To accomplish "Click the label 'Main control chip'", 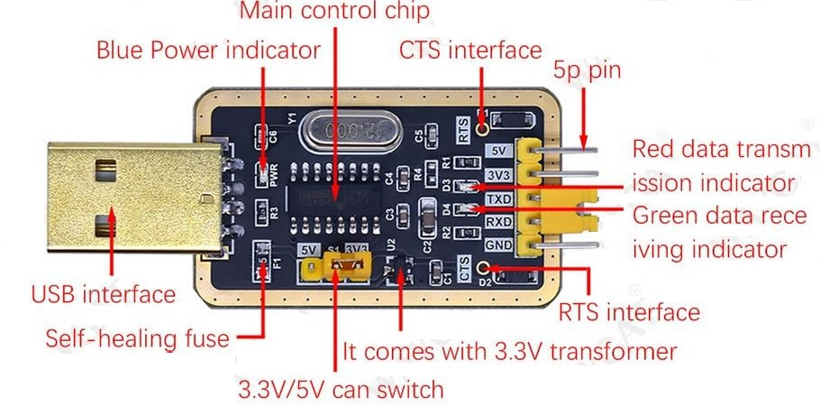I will (x=335, y=12).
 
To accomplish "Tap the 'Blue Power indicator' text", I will (x=208, y=50).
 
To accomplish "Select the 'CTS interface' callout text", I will (x=470, y=50).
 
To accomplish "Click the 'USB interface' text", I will (x=104, y=294).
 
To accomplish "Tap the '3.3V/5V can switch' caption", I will (x=341, y=390).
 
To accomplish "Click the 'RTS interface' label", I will (x=629, y=313).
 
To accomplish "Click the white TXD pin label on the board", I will (x=498, y=198).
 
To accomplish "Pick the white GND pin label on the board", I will (x=498, y=244).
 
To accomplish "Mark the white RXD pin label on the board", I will (x=498, y=221).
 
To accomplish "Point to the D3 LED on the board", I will (x=460, y=187).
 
